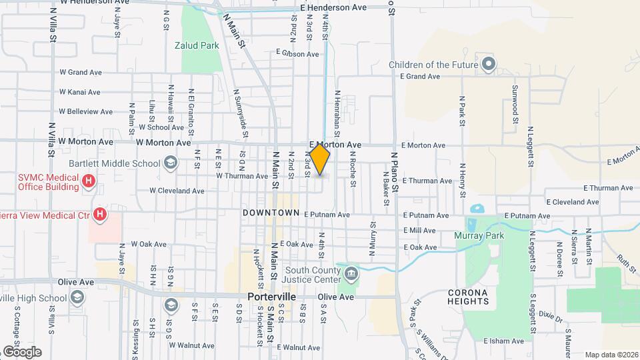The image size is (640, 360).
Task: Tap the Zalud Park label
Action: pyautogui.click(x=197, y=46)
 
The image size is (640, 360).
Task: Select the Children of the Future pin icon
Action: pyautogui.click(x=489, y=65)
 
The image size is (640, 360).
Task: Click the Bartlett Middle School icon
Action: pyautogui.click(x=170, y=163)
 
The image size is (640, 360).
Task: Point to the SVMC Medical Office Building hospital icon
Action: pyautogui.click(x=88, y=181)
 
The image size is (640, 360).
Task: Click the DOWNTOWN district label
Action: pyautogui.click(x=271, y=213)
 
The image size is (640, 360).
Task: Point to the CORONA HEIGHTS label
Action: pyautogui.click(x=477, y=297)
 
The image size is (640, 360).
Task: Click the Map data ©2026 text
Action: pyautogui.click(x=611, y=355)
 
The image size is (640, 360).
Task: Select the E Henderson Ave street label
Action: pyautogui.click(x=333, y=8)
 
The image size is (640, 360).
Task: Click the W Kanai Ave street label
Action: pyautogui.click(x=79, y=92)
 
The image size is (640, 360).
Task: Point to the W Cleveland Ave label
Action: pyautogui.click(x=177, y=191)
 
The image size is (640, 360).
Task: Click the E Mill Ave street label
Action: pyautogui.click(x=419, y=231)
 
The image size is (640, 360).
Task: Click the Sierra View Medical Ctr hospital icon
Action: pyautogui.click(x=100, y=214)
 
